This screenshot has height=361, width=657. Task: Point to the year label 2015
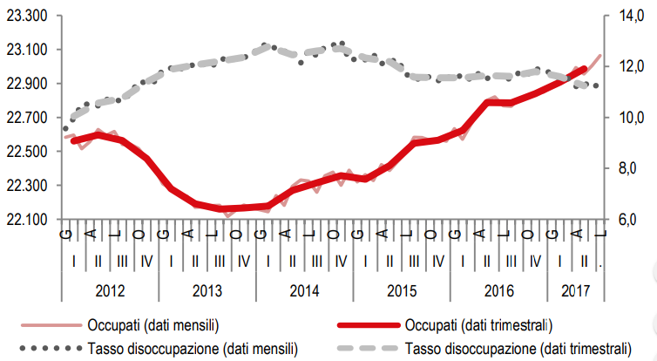[403, 289]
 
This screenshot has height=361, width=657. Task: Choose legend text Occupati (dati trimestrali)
[478, 325]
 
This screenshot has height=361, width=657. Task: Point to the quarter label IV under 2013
[243, 260]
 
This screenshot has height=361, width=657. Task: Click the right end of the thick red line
[585, 69]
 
